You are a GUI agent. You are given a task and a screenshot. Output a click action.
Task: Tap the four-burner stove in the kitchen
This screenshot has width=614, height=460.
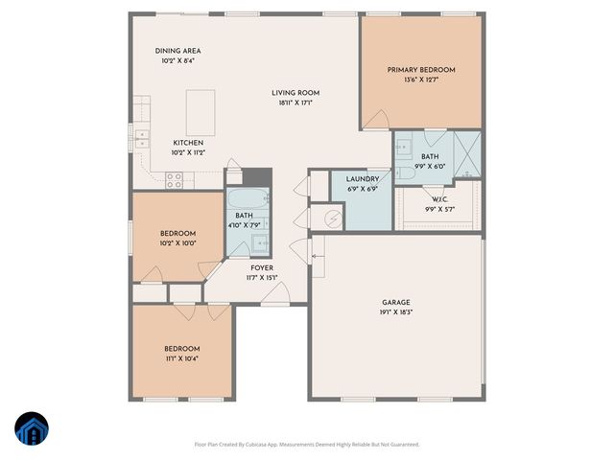click(176, 177)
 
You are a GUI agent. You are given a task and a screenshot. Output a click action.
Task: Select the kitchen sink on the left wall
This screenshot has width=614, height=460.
click(143, 136)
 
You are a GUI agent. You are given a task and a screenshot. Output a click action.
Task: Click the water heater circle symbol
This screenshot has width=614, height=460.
click(332, 219)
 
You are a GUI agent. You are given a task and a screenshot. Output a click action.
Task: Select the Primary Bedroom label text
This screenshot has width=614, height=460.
click(421, 70)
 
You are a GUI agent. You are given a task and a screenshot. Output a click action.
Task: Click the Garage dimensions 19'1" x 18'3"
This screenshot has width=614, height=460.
click(396, 311)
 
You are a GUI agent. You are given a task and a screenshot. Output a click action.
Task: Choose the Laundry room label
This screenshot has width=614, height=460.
click(362, 178)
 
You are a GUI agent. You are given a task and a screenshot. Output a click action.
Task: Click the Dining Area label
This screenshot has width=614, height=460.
click(178, 51)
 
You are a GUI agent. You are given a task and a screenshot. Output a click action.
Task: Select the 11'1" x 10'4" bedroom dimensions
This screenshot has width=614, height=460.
click(181, 358)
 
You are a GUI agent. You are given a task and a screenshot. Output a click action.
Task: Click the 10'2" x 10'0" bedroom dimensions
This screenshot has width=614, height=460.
click(177, 243)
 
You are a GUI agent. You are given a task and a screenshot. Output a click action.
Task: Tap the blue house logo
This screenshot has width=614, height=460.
click(32, 429)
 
